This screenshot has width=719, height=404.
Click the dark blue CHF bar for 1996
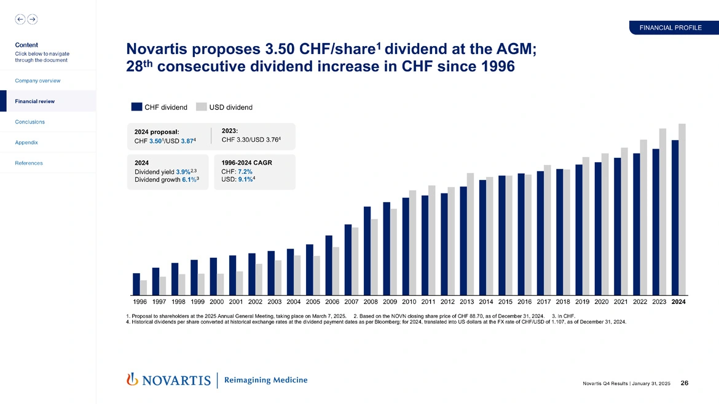click(136, 284)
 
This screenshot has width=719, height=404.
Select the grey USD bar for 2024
click(682, 209)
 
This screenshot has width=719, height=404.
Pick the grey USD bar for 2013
click(471, 234)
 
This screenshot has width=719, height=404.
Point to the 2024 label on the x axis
click(678, 302)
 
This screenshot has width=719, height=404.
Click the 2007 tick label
click(352, 302)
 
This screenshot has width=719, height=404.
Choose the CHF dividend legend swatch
click(136, 107)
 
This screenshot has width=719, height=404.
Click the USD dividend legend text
click(230, 107)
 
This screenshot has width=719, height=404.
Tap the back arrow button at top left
click(20, 19)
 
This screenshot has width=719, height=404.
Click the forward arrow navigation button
click(32, 19)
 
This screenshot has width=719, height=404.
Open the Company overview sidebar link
click(37, 80)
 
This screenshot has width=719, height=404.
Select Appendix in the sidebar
click(26, 142)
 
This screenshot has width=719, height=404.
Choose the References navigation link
click(29, 163)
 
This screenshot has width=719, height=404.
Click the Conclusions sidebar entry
click(29, 122)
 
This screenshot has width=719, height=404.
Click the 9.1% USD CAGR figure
click(245, 180)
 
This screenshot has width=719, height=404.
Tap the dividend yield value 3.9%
click(183, 172)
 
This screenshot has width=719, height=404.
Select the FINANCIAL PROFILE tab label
click(670, 28)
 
